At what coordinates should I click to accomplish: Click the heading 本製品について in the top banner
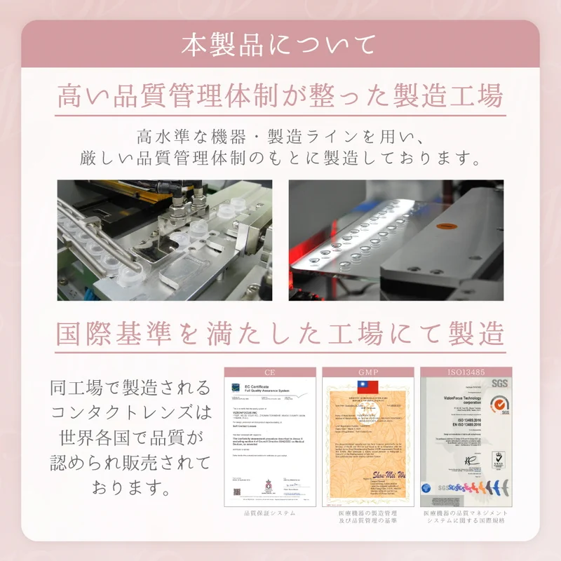pyautogui.click(x=280, y=43)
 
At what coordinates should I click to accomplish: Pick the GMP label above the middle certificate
pyautogui.click(x=367, y=372)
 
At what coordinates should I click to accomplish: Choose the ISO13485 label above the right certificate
pyautogui.click(x=466, y=372)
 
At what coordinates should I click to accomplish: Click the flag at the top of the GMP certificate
pyautogui.click(x=367, y=387)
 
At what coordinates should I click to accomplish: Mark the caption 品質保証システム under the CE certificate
pyautogui.click(x=269, y=513)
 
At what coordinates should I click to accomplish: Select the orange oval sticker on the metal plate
pyautogui.click(x=443, y=227)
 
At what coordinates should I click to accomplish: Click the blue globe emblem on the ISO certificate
pyautogui.click(x=426, y=488)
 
